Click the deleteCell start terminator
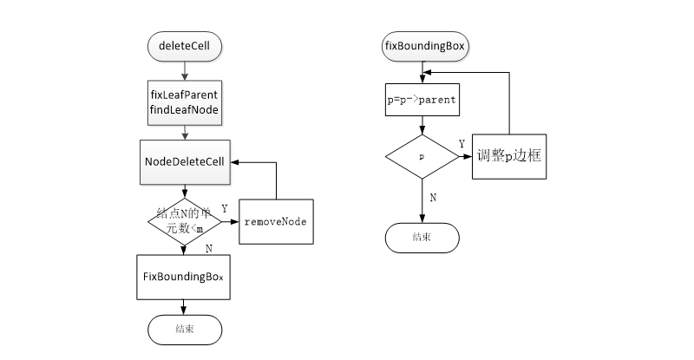[185, 45]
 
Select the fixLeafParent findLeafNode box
[185, 102]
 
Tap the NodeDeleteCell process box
[185, 162]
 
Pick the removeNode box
[275, 222]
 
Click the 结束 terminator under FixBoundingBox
[185, 329]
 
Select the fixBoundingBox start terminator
[422, 45]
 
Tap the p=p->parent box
[422, 99]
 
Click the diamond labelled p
[422, 157]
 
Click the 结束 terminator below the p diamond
[422, 236]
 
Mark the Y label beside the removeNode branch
[225, 209]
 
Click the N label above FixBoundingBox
[208, 248]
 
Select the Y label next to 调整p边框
[462, 143]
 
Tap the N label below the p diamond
[433, 197]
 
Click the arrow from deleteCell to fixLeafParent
[185, 69]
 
